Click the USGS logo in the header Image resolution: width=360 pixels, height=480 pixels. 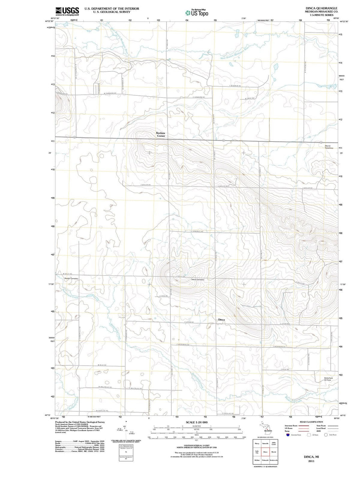67,11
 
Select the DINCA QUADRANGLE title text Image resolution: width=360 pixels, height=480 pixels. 316,8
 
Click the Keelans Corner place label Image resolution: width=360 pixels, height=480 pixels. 161,134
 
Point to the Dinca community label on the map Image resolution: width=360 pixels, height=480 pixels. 221,320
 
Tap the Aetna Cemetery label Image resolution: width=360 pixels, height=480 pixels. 198,280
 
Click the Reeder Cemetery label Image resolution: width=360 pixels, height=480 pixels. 71,278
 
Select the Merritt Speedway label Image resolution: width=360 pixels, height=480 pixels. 330,147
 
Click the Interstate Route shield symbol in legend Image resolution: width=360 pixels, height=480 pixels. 288,435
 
